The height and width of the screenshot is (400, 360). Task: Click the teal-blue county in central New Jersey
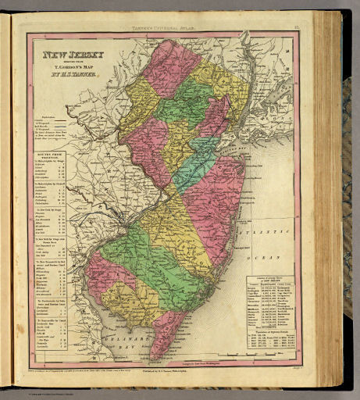pyautogui.click(x=191, y=164)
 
